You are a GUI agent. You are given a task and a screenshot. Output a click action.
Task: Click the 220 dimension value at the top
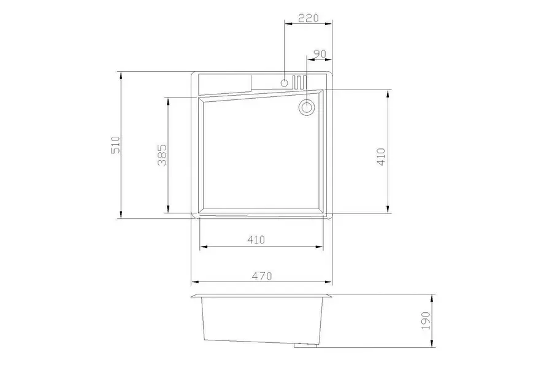(307, 18)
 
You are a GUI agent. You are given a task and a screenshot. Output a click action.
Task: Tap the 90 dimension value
(318, 54)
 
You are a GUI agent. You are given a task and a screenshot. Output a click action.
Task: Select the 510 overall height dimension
(114, 145)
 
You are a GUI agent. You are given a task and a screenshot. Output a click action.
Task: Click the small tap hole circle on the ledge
(284, 82)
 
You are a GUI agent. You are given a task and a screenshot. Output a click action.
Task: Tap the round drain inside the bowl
(307, 108)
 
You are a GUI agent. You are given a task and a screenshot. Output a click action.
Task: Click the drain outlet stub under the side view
(304, 345)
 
